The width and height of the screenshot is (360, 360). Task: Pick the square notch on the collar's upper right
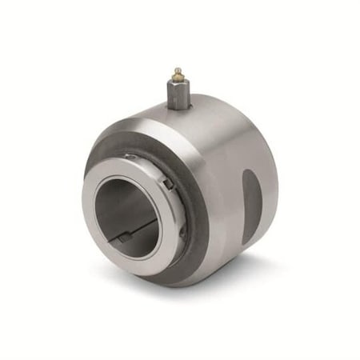[166, 185]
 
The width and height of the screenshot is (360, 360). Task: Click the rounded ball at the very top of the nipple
[178, 71]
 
